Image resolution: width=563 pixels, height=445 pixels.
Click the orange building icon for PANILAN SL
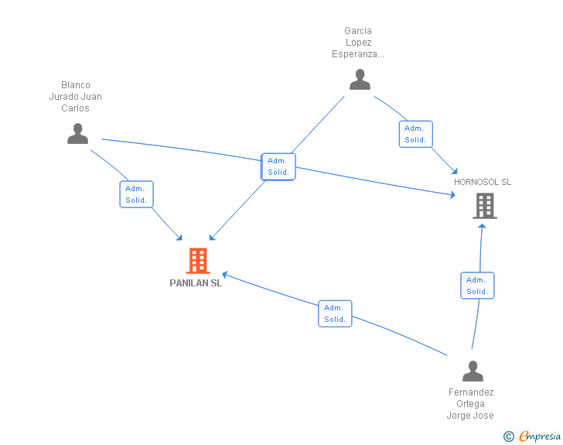[x=198, y=261]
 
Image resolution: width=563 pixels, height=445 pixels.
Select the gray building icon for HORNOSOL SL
[x=485, y=206]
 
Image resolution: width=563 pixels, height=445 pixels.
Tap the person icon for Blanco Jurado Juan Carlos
[x=77, y=133]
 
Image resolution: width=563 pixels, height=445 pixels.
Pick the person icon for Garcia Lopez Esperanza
[x=360, y=80]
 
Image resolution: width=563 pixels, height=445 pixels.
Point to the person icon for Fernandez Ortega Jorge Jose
[x=473, y=371]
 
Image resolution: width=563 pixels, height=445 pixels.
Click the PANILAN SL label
[x=196, y=283]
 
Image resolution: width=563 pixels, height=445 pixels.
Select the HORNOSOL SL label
[x=483, y=182]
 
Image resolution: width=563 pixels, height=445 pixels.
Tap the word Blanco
[x=76, y=85]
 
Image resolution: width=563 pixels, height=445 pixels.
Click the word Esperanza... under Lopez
[x=357, y=54]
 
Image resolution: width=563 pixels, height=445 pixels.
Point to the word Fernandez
[x=471, y=392]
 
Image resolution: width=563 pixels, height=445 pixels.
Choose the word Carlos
[x=75, y=108]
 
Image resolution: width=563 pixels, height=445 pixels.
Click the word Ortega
[x=470, y=404]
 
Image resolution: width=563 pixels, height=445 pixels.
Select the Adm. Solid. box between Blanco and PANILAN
[x=136, y=194]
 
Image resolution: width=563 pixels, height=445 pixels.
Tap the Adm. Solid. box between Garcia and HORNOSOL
[x=416, y=134]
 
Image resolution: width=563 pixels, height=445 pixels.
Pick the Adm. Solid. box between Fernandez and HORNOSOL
[x=478, y=286]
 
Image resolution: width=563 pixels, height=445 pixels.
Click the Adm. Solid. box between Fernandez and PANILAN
[x=335, y=313]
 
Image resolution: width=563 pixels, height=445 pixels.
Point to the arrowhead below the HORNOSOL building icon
[x=483, y=226]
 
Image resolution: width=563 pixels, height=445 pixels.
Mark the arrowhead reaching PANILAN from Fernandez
[x=225, y=275]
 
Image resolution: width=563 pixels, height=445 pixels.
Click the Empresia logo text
[x=540, y=436]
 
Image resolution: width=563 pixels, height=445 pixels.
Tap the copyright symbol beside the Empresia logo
[x=509, y=436]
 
